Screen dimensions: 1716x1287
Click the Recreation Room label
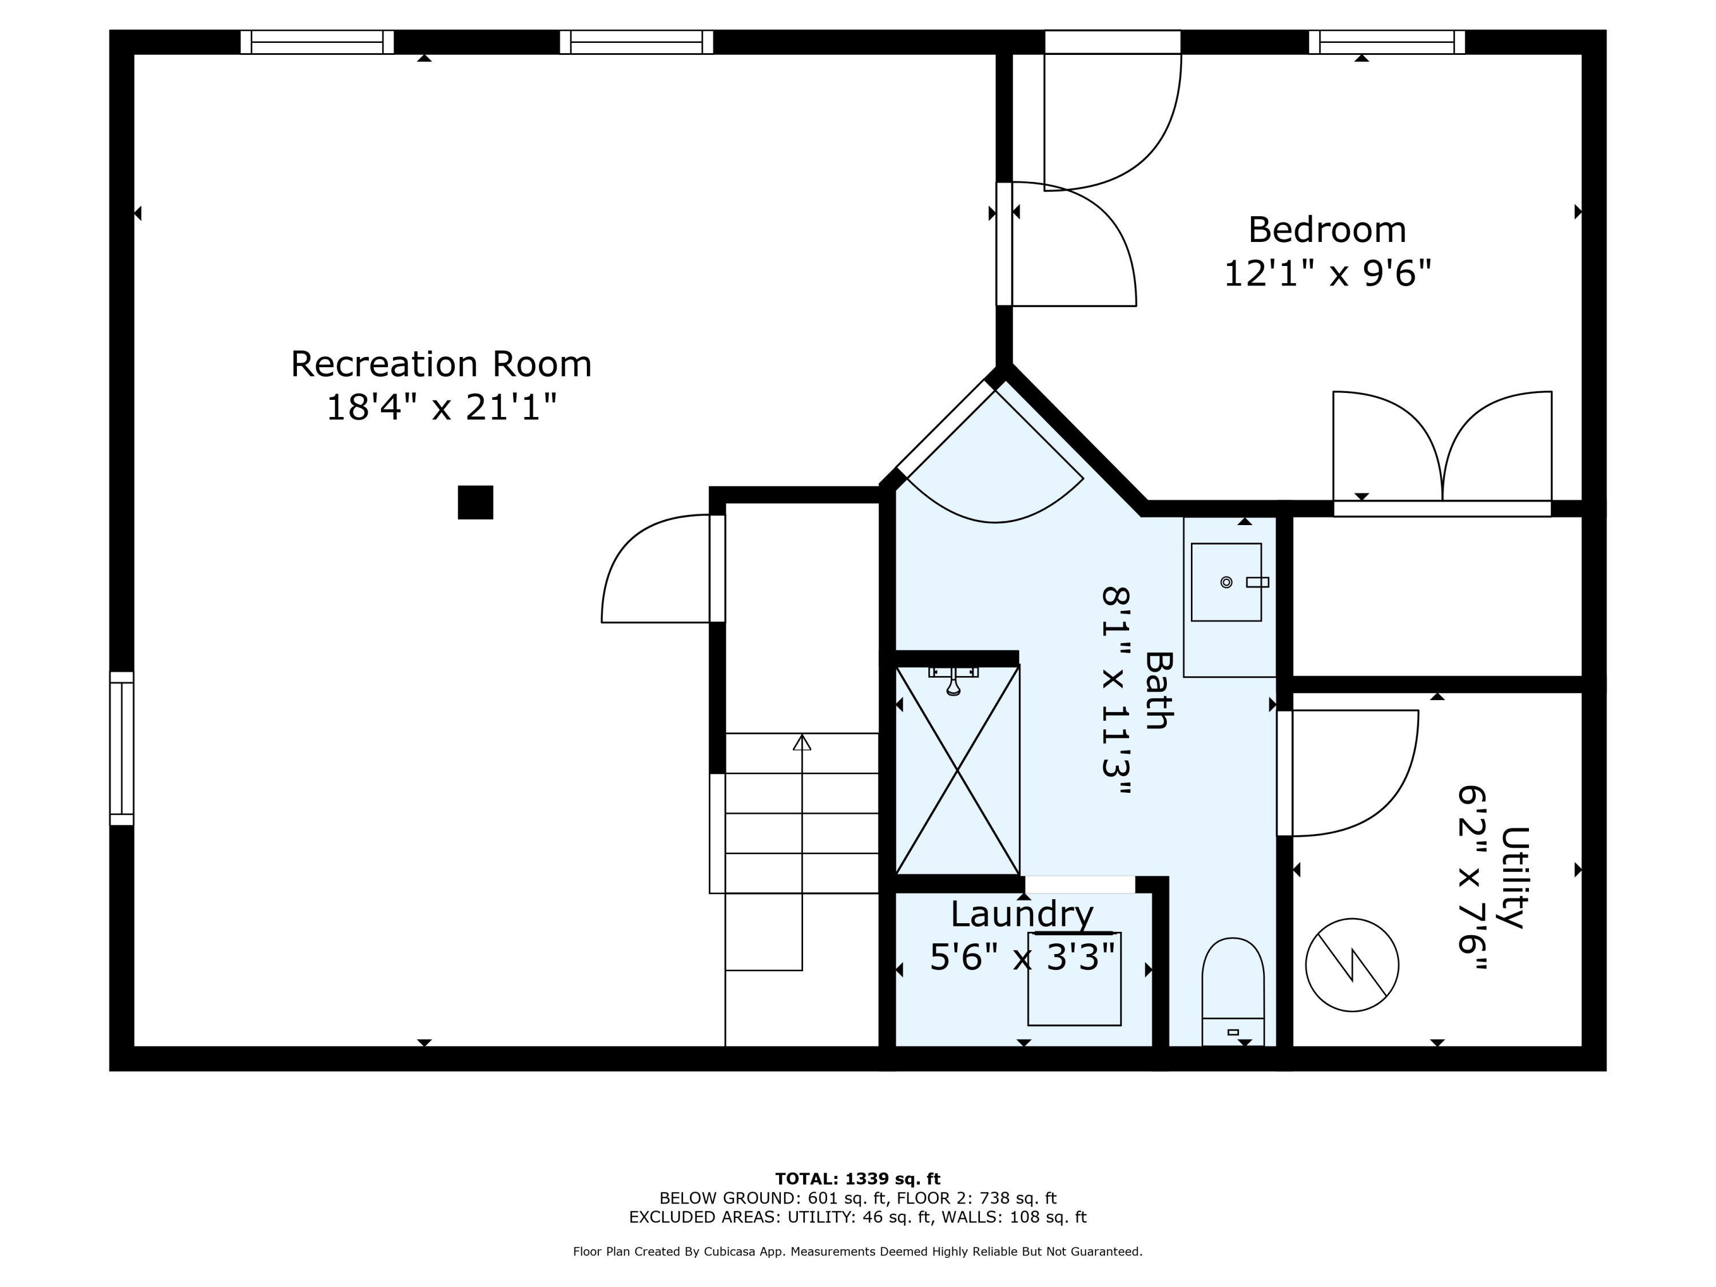coord(440,364)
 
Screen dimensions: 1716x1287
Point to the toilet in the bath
coord(1233,991)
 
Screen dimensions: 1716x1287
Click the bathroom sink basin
coord(1226,582)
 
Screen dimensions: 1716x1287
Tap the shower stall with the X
coord(958,770)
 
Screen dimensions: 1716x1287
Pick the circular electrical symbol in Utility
coord(1352,965)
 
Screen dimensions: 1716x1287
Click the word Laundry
coord(1022,914)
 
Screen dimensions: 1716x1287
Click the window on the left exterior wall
coord(122,749)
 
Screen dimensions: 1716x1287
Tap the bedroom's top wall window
coord(1387,42)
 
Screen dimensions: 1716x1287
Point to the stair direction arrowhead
coord(802,742)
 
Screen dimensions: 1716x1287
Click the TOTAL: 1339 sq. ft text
coord(858,1179)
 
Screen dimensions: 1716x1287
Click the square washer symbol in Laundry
coord(1074,979)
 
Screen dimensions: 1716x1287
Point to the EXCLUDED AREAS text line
coord(858,1217)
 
